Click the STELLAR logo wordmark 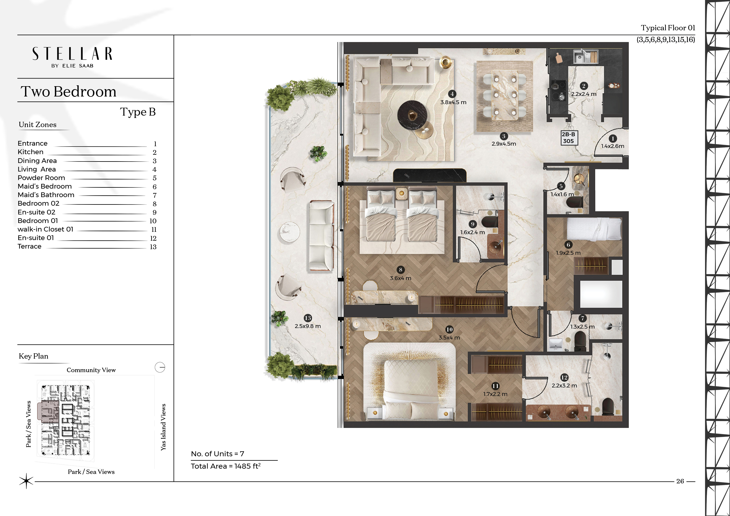pos(72,54)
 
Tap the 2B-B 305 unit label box pos(568,138)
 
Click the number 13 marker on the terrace pos(308,318)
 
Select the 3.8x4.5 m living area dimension pos(453,102)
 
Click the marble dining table pos(505,95)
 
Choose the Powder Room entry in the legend pos(41,178)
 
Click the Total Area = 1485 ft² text pos(226,466)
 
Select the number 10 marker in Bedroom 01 pos(449,329)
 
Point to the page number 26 pos(680,481)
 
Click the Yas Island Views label pos(163,427)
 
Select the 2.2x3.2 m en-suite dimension pos(564,385)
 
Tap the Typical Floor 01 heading pos(668,28)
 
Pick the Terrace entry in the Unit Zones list pos(29,247)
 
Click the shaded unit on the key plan pos(48,412)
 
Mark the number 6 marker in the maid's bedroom pos(568,245)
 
